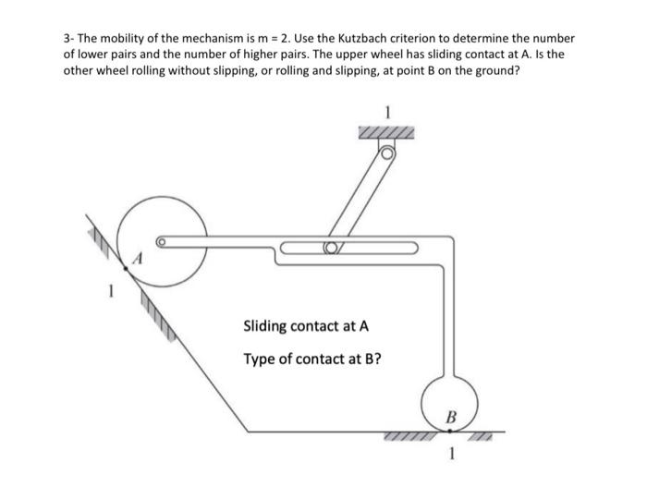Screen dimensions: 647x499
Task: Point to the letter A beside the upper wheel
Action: pos(138,262)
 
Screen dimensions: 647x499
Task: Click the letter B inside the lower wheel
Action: pos(451,416)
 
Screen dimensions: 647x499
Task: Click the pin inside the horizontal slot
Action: pos(330,248)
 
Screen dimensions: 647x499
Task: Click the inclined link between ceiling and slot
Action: pos(360,200)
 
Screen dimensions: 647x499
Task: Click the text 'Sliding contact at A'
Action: pos(305,326)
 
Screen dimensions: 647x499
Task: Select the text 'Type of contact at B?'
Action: pos(311,358)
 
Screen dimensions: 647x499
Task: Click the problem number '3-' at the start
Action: pos(68,39)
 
